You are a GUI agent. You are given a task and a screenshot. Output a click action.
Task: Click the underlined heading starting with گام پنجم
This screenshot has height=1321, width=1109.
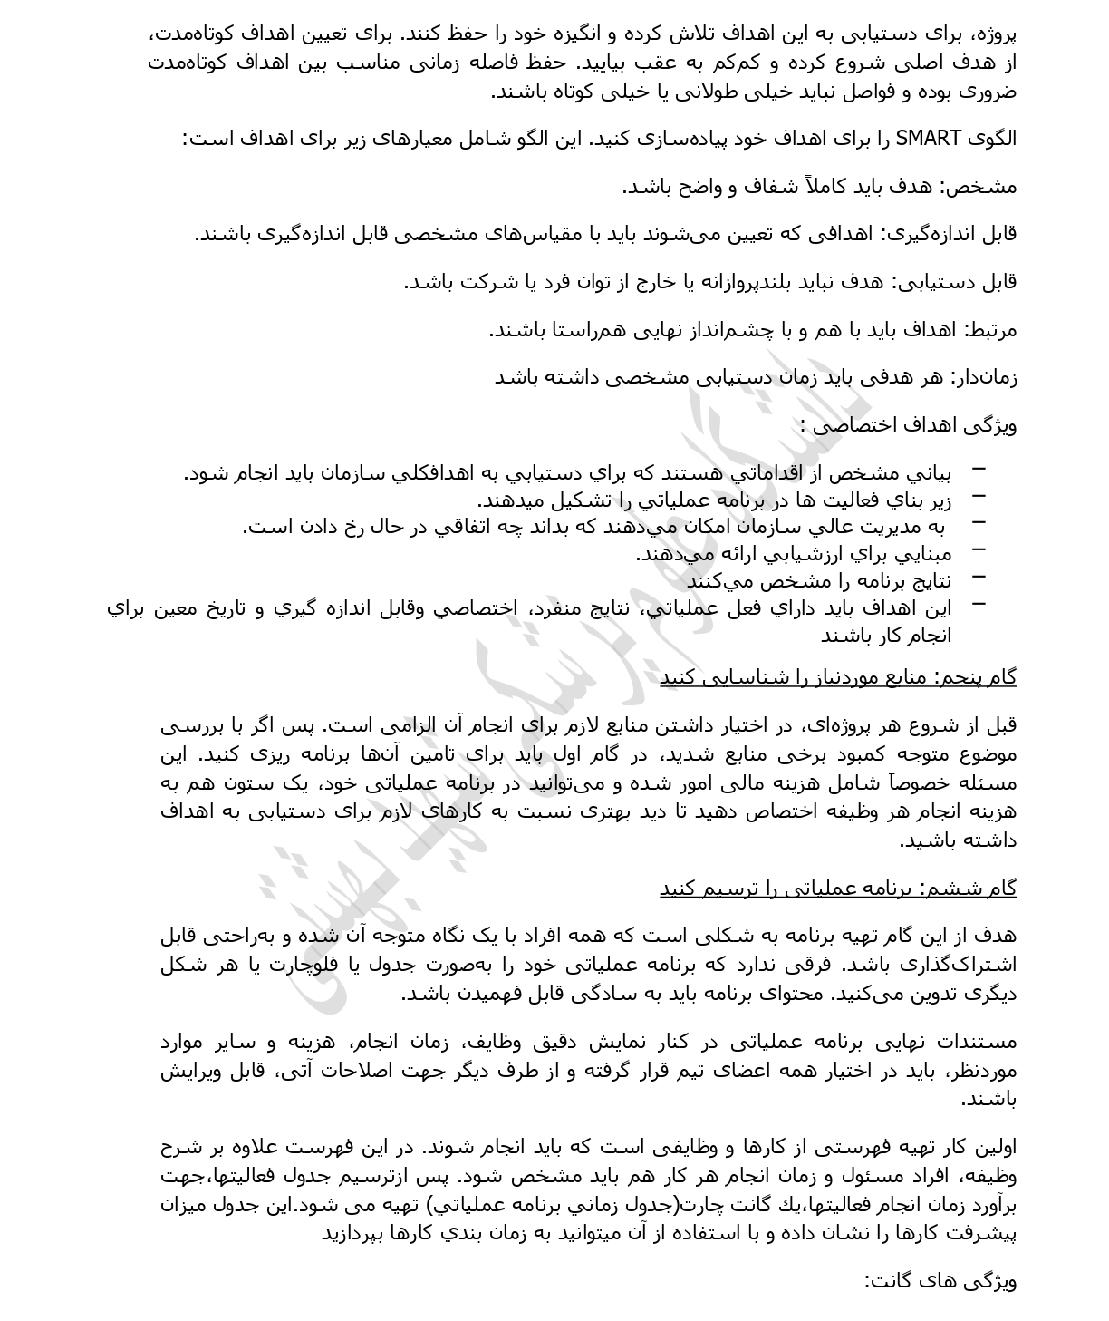pos(838,677)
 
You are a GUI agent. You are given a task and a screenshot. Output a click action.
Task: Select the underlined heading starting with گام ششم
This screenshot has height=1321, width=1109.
pos(838,889)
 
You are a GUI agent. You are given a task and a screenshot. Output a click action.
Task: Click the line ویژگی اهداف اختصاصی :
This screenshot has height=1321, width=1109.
pos(908,425)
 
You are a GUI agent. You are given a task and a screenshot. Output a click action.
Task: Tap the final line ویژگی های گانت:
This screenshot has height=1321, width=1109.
pos(940,1281)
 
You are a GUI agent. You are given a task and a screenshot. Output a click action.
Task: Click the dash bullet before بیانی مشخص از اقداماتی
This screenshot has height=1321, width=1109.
pos(978,469)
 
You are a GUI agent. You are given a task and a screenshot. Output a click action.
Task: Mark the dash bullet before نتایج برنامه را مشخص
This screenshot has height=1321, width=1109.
pos(978,577)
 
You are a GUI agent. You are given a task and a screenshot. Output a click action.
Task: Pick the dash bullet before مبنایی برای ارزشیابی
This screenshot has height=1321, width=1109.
pos(978,549)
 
